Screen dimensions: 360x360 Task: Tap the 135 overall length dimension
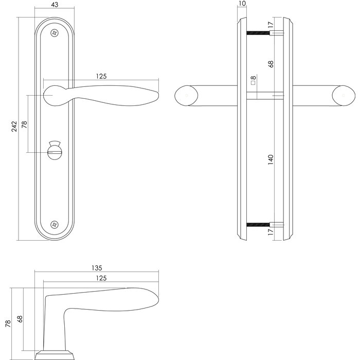point(97,267)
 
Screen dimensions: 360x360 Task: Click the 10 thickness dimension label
point(242,5)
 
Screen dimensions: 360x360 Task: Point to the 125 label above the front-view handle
point(101,76)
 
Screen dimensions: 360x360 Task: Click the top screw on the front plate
point(56,33)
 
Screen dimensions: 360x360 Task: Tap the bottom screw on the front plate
point(56,224)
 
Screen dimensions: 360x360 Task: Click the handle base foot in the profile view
point(57,354)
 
